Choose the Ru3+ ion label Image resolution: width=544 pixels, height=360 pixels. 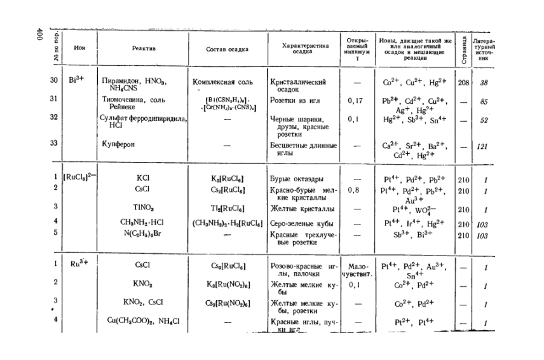[79, 263]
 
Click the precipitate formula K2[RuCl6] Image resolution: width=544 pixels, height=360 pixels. [227, 179]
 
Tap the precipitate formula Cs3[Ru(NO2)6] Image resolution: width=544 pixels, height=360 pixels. [227, 302]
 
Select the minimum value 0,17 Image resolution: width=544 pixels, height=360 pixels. [355, 101]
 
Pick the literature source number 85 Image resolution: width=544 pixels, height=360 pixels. [484, 101]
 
